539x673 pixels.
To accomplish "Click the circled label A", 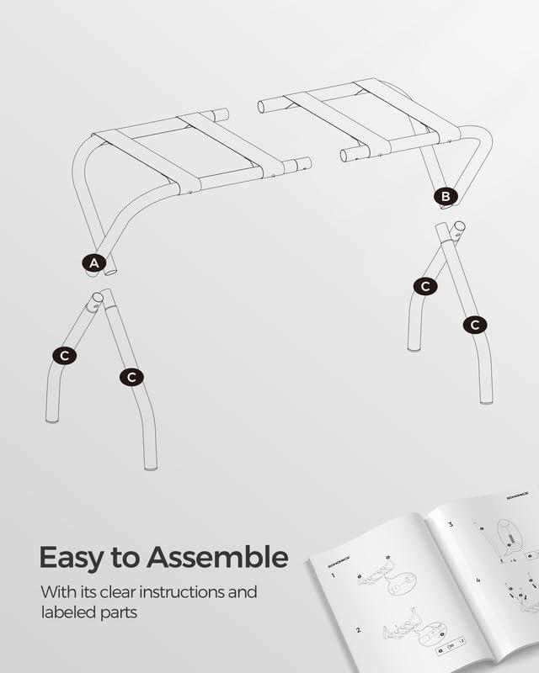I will pos(94,263).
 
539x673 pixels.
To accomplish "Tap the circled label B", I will pos(446,197).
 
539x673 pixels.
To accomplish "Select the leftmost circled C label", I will pos(64,356).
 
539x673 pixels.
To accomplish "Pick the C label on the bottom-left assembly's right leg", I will pos(131,377).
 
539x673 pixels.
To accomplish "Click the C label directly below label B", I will pos(425,286).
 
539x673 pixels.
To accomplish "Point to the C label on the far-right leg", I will pos(475,324).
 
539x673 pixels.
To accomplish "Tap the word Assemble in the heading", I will pos(217,558).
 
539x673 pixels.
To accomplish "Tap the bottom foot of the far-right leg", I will pos(485,400).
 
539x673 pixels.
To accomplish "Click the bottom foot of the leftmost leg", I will pos(51,418).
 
